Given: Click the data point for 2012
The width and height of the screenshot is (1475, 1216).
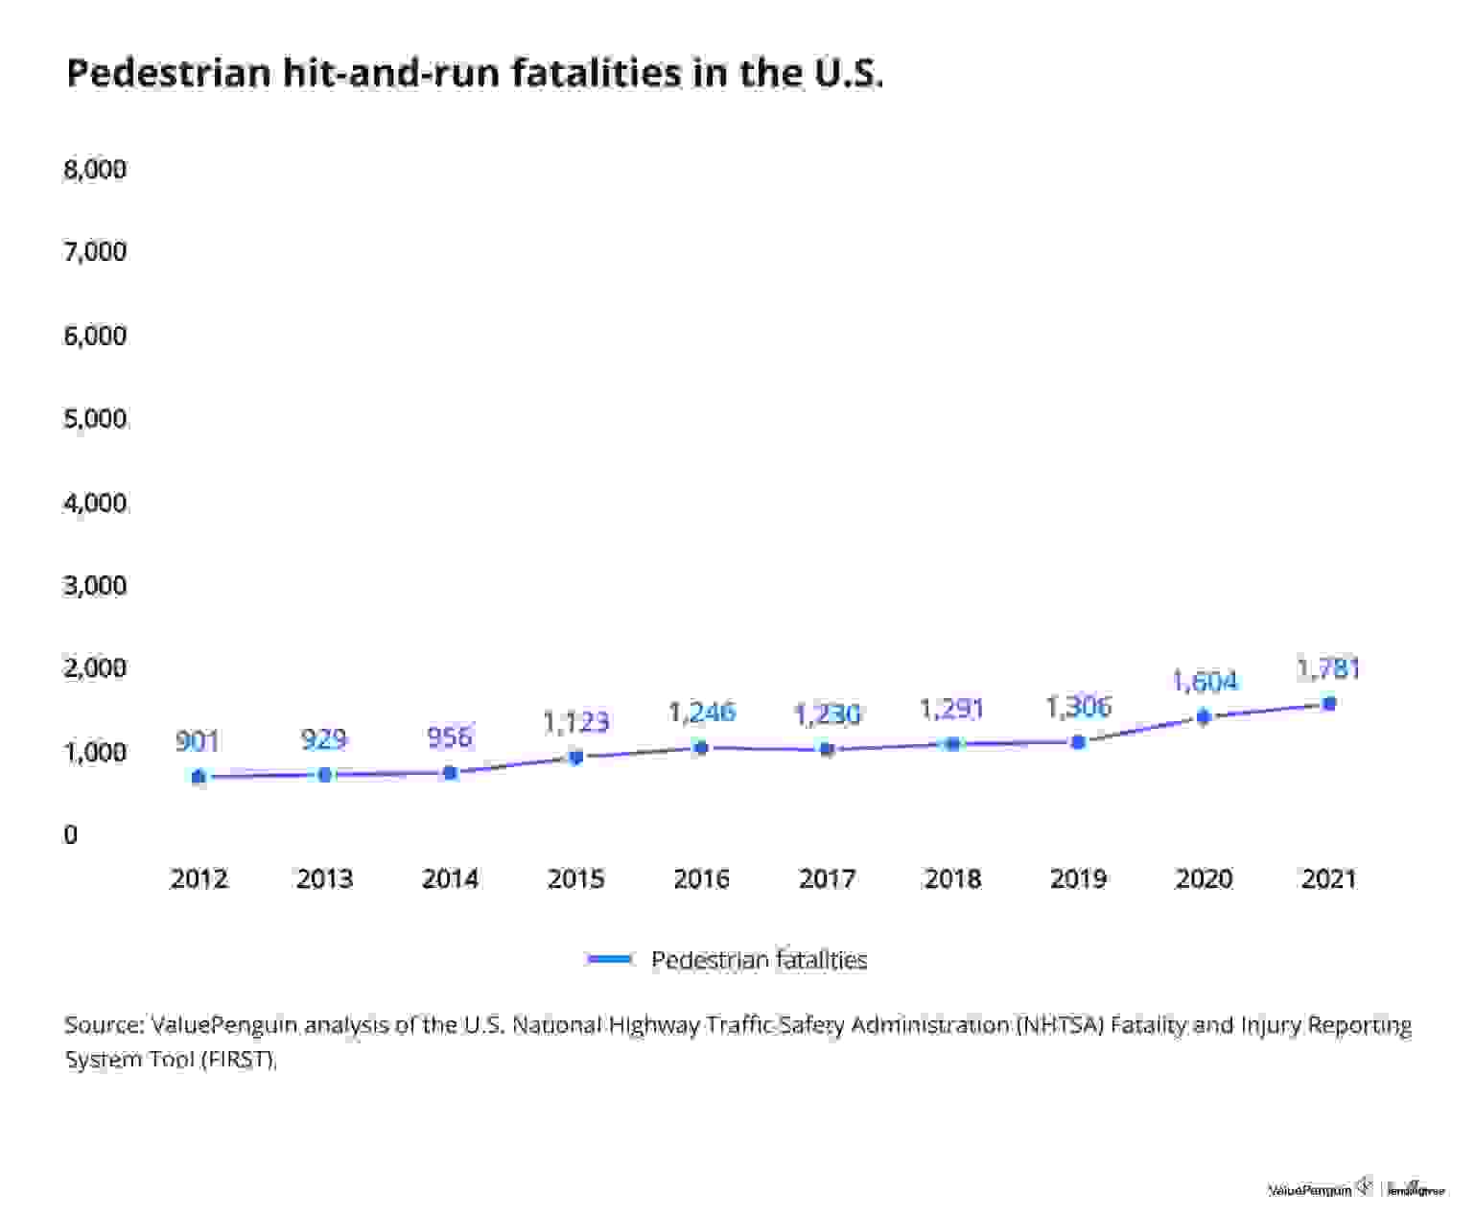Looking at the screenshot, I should pos(199,777).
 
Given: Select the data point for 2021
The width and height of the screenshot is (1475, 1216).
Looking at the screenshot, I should pos(1329,703).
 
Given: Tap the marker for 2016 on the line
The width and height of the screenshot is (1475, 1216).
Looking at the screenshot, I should pos(701,747).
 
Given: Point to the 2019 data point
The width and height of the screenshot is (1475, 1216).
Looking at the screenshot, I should pos(1078,741).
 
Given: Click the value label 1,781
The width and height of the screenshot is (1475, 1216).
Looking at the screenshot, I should pos(1328,668).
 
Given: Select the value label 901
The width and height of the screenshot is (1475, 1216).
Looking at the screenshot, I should pos(198,741).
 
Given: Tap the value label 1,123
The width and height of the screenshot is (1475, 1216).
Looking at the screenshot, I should pos(575,721).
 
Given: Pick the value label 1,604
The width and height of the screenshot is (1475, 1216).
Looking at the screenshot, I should pos(1205,682).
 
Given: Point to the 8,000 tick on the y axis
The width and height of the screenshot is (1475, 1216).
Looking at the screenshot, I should pos(95,170).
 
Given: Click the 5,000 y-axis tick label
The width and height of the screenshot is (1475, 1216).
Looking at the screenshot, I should pos(95,419).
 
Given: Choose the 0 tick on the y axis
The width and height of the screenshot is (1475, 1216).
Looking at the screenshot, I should pos(70,835).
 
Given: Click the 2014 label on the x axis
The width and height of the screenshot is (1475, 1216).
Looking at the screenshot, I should pos(450,879).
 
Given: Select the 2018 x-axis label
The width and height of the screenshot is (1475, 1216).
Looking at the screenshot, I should pos(952,879).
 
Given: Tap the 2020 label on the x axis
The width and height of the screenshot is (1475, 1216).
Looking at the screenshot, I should pos(1204,879).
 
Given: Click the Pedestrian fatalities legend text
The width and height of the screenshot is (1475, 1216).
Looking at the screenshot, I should pos(759,960).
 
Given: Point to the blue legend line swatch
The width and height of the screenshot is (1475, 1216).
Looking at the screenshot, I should pos(610,959).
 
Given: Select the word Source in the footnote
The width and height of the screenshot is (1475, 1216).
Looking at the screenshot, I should pos(103,1025).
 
